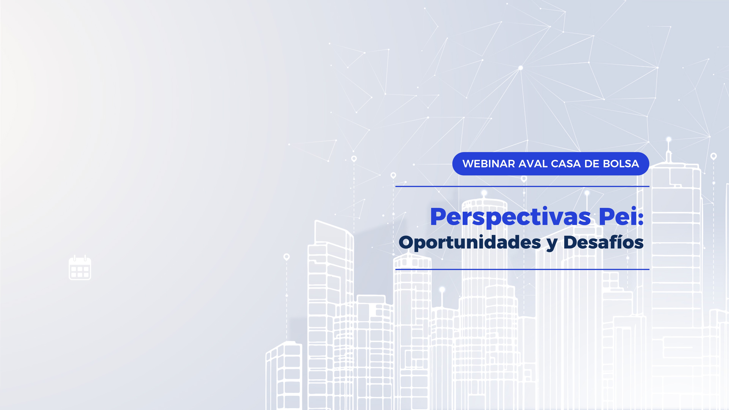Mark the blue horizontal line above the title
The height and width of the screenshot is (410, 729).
(522, 187)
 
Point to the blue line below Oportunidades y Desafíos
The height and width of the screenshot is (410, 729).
(522, 269)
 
